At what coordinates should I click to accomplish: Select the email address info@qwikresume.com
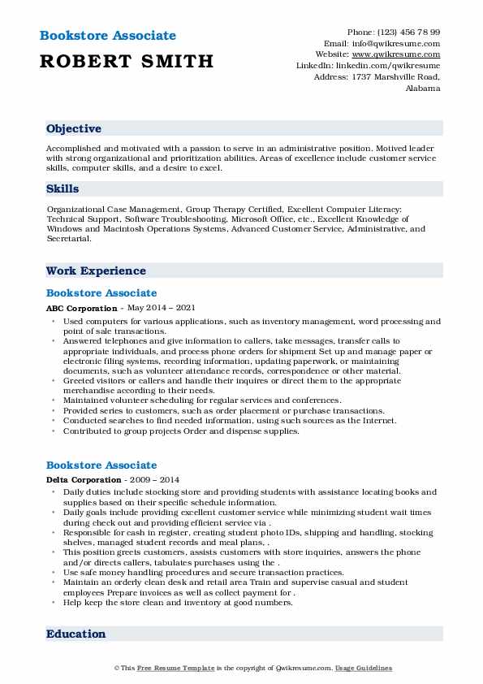[x=403, y=43]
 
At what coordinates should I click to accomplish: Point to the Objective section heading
[x=74, y=128]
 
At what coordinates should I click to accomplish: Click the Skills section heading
[x=63, y=188]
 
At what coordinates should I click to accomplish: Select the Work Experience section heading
[x=96, y=271]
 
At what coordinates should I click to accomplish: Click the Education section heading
[x=75, y=634]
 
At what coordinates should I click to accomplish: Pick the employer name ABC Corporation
[x=82, y=309]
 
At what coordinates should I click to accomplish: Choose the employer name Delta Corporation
[x=84, y=480]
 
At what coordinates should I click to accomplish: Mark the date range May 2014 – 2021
[x=162, y=309]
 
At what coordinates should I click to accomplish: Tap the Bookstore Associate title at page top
[x=106, y=36]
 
